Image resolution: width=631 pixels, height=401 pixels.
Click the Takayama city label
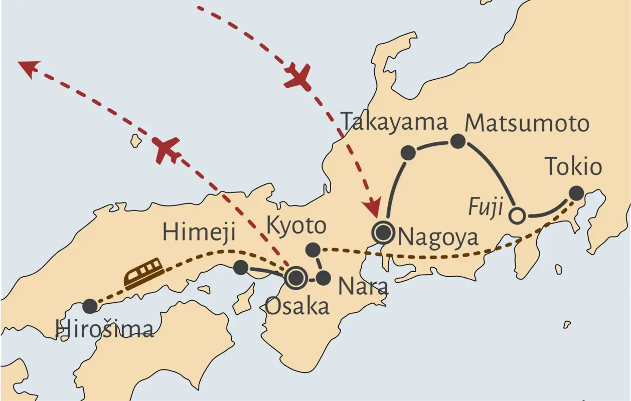coord(394,123)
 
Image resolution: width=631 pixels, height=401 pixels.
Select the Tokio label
coord(573,166)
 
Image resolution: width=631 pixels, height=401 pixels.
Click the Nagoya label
coord(438,237)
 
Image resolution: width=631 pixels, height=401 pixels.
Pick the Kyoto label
coord(296,226)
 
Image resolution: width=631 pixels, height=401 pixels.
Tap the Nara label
coord(363,286)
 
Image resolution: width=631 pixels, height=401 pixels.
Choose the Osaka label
coord(297,306)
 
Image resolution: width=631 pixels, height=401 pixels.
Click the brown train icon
coord(144,273)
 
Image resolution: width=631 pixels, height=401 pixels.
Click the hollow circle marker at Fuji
coord(517,216)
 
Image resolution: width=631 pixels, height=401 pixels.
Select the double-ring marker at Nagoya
coord(383,232)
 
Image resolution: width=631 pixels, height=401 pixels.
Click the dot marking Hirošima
coord(90,306)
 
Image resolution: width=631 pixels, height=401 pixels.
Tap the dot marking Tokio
coord(576,193)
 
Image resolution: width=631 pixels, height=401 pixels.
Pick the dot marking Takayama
coord(408,153)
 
